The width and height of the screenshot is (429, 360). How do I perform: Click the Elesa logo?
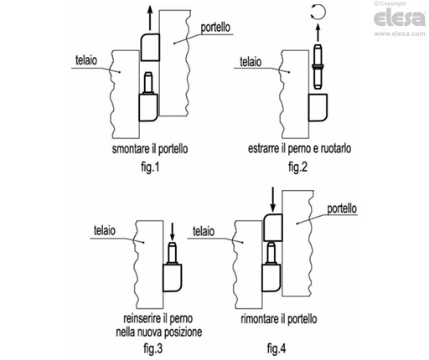(400, 18)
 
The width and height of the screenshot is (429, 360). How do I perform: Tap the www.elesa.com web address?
(400, 33)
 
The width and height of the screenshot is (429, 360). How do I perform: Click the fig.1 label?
(150, 167)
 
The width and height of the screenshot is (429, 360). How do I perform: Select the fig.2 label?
(297, 167)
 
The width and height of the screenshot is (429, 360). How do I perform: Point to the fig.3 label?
(152, 348)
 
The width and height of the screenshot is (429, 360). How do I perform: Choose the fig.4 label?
(277, 348)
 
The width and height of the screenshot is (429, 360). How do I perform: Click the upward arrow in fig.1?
(150, 18)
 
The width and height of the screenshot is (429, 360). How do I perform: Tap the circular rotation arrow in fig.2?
(318, 13)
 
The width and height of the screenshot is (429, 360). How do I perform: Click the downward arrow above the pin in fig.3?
(172, 232)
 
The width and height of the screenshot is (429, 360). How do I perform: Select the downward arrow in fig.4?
(273, 199)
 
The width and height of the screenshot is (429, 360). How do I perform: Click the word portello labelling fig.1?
(215, 28)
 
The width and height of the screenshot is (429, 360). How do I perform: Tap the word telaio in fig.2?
(251, 62)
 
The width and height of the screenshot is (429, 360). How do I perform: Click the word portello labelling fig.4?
(342, 208)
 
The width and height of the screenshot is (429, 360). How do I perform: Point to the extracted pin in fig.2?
(318, 66)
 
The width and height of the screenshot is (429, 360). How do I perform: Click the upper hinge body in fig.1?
(150, 48)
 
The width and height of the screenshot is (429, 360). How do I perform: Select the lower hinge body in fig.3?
(173, 278)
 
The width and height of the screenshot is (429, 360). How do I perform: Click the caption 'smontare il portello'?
(150, 149)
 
